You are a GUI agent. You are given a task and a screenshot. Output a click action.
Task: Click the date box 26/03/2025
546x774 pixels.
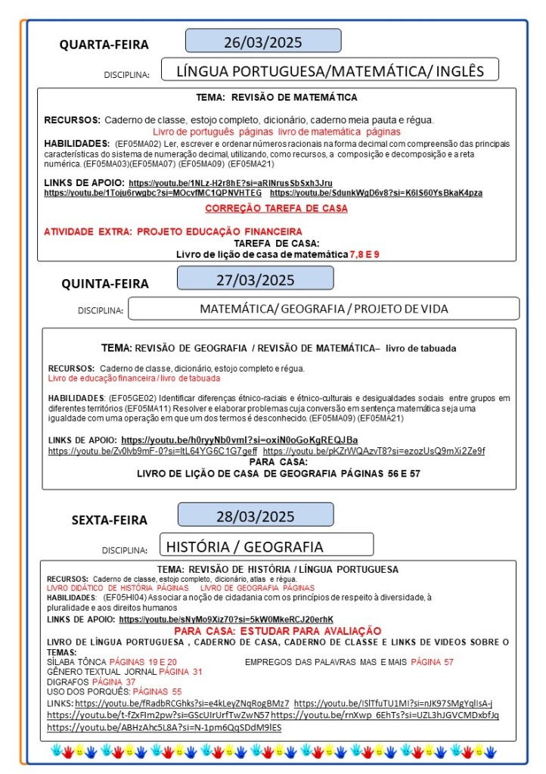(x=263, y=41)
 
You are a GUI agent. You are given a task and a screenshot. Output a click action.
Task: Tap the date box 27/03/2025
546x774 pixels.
(x=255, y=279)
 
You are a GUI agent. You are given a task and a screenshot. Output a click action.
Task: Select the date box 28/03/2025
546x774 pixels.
(x=255, y=517)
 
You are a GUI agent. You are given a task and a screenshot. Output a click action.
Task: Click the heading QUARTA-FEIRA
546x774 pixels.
(x=104, y=45)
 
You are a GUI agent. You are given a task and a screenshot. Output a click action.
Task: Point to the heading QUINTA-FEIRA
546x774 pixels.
(x=105, y=284)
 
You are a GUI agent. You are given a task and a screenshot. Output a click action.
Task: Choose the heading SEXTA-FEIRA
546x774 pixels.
(x=110, y=520)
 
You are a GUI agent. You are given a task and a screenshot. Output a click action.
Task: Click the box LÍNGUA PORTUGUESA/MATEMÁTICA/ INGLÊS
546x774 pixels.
(x=330, y=71)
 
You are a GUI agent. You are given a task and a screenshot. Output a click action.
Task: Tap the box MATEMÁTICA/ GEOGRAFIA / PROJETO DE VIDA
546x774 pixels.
(x=324, y=309)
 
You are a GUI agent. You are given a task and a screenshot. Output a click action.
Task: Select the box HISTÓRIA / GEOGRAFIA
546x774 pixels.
(x=266, y=546)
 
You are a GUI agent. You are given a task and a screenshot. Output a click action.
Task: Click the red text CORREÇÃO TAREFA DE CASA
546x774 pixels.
(x=276, y=208)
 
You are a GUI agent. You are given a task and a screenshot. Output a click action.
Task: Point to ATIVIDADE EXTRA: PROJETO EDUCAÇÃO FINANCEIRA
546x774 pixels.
(x=173, y=232)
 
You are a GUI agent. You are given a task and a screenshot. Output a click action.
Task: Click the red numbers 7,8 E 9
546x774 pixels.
(x=365, y=254)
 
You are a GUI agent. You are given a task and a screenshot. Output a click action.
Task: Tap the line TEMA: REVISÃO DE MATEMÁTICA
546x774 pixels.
(x=276, y=98)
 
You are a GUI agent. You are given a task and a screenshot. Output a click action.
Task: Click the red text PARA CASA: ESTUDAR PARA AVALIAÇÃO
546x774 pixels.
(x=278, y=631)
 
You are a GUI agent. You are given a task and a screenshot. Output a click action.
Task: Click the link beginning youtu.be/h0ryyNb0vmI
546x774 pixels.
(x=240, y=440)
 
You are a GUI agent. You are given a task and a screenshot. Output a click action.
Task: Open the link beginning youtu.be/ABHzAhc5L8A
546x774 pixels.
(x=164, y=728)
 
